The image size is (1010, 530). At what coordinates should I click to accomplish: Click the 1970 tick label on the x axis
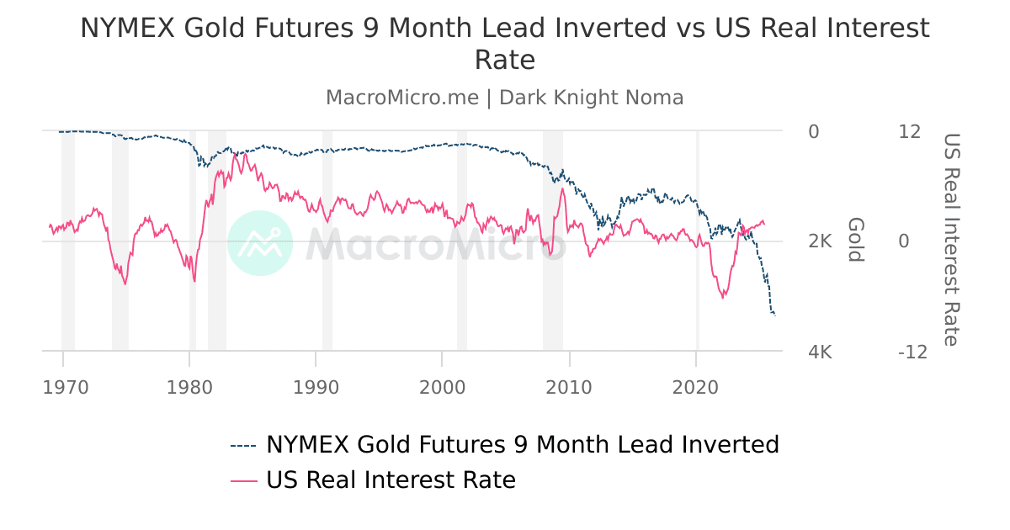tap(65, 387)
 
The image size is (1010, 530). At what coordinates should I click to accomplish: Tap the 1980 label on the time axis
tap(189, 387)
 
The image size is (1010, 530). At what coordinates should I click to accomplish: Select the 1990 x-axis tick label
tap(316, 387)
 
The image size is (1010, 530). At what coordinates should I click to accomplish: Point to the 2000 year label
tap(442, 387)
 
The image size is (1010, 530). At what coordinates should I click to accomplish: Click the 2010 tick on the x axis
tap(570, 387)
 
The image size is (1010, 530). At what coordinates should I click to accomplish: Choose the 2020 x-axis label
tap(696, 387)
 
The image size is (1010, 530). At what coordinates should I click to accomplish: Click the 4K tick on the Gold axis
tap(820, 352)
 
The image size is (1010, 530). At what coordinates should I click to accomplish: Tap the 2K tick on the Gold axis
tap(820, 241)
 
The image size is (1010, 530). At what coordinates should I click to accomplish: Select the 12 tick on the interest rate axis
tap(910, 132)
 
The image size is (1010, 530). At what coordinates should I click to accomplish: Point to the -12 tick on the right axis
tap(912, 352)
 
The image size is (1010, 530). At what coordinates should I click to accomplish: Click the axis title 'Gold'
tap(855, 240)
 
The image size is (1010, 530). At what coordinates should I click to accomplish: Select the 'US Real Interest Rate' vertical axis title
tap(950, 240)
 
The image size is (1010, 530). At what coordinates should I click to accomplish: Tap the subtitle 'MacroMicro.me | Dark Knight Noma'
tap(505, 98)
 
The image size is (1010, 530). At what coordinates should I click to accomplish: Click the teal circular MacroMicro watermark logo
tap(260, 243)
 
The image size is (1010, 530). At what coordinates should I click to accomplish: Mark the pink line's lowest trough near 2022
tap(722, 297)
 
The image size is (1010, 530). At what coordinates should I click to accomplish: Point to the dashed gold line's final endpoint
tap(774, 315)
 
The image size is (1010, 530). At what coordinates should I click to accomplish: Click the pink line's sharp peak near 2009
tap(561, 188)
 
